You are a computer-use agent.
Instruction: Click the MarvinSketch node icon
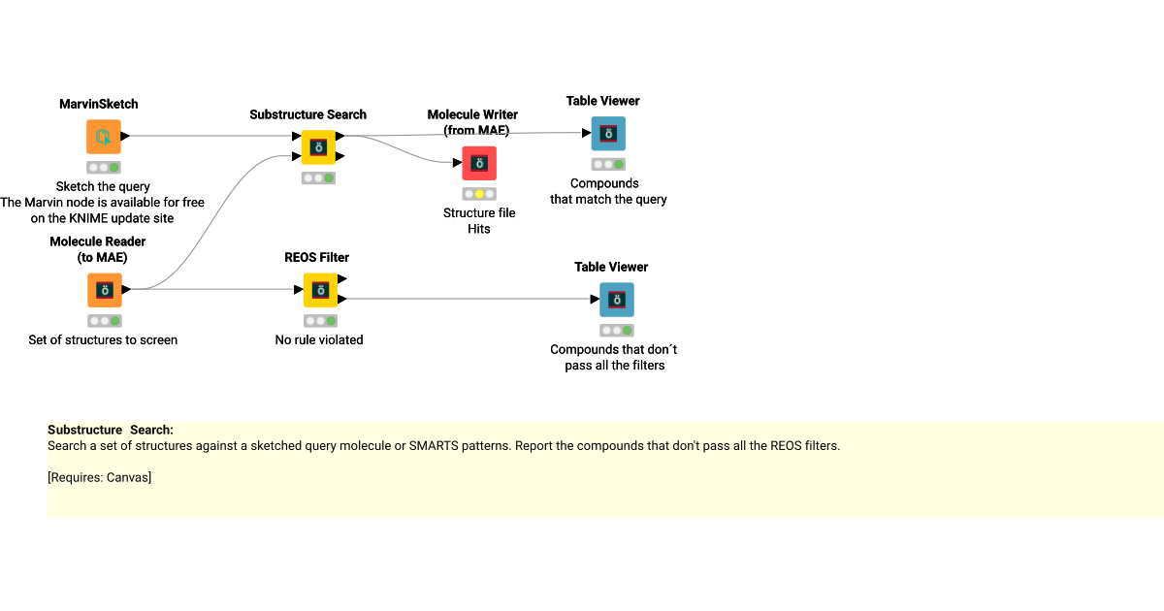tap(104, 137)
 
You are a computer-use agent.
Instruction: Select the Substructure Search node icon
tap(317, 147)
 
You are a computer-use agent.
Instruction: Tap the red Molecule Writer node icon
tap(479, 164)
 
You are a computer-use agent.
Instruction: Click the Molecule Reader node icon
tap(104, 290)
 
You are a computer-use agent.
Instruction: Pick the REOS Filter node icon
tap(320, 290)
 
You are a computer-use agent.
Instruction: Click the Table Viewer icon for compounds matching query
tap(608, 134)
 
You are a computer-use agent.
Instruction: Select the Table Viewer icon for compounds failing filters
tap(616, 300)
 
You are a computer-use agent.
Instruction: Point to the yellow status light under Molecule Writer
tap(479, 194)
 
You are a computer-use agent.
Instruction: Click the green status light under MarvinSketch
tap(114, 168)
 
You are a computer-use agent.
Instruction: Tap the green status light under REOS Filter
tap(331, 321)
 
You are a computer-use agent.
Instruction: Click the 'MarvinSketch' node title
tap(98, 104)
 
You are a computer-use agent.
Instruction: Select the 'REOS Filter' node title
tap(316, 257)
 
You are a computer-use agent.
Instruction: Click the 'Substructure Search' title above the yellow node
tap(307, 114)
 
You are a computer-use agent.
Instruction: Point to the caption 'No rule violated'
tap(319, 340)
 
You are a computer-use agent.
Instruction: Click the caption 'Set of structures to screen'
tap(103, 340)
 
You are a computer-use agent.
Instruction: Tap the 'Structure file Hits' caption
tap(479, 221)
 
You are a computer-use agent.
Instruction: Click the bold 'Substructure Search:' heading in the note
tap(111, 430)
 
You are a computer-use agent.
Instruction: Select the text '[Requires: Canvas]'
tap(99, 477)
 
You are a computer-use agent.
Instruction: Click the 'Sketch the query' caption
tap(103, 186)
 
